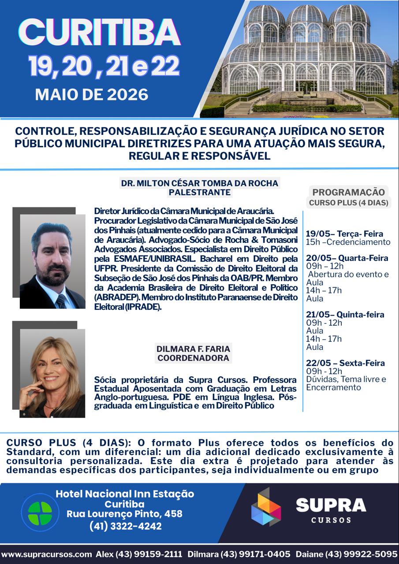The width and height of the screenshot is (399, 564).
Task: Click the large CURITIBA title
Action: pos(100,32)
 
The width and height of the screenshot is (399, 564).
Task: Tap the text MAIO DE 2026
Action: pos(92,94)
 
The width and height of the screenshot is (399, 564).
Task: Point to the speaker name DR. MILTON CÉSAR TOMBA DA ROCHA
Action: pos(200,183)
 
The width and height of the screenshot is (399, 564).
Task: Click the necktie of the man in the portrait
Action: pos(60,301)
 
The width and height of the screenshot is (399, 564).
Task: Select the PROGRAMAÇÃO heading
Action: pos(348,192)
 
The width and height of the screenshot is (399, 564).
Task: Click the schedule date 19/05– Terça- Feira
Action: pos(344,234)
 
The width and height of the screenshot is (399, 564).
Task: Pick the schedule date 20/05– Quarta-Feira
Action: pos(347,258)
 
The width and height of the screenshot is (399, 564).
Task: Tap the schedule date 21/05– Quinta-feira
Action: pos(345,315)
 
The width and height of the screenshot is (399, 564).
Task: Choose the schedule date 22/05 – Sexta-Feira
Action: pos(345,363)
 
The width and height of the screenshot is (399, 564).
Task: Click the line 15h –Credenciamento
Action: pos(348,242)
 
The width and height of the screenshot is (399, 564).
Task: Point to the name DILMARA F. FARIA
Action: pos(194,349)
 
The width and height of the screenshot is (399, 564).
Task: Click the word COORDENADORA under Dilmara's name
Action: pos(194,358)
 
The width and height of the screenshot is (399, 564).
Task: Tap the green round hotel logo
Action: pos(40,512)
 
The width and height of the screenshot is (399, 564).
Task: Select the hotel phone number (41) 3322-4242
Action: pos(125,526)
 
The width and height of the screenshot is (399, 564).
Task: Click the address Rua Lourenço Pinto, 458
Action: pos(124,514)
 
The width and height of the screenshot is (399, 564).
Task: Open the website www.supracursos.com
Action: pos(46,554)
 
